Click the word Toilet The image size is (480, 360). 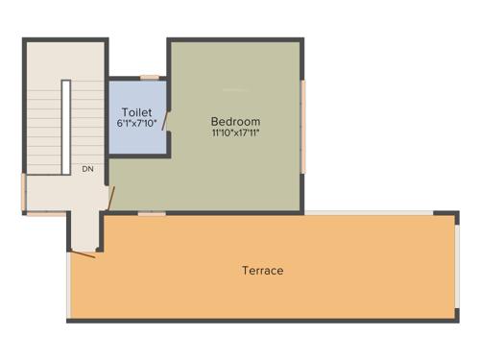pyautogui.click(x=136, y=112)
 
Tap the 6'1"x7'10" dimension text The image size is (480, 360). pyautogui.click(x=136, y=124)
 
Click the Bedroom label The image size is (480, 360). pyautogui.click(x=235, y=122)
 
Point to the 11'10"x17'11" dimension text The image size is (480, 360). pyautogui.click(x=235, y=133)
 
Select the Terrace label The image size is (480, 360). pyautogui.click(x=262, y=271)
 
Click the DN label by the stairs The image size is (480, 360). pyautogui.click(x=87, y=169)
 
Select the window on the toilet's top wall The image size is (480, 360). pyautogui.click(x=149, y=77)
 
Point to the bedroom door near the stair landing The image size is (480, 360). pyautogui.click(x=111, y=198)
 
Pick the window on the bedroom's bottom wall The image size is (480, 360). pyautogui.click(x=151, y=213)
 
